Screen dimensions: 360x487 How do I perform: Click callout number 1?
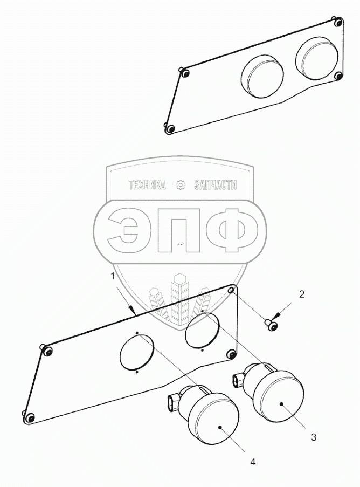coord(113,276)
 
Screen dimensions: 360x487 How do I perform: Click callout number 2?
coord(302,294)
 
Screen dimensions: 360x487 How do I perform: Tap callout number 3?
coord(314,437)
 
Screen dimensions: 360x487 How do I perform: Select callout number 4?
coord(253,462)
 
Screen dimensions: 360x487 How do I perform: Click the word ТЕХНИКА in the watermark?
coord(147,185)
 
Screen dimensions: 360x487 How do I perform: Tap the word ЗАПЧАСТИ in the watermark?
coord(214,185)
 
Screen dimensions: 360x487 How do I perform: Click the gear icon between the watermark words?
coord(181,185)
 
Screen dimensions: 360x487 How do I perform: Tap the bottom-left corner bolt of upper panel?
coord(169,128)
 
